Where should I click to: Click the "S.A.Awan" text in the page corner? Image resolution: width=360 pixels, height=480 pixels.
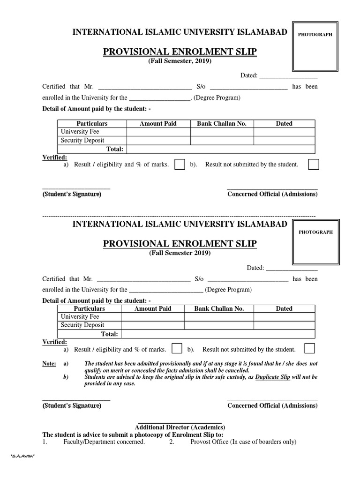tap(23, 456)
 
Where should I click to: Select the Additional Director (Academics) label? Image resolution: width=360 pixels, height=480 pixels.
tap(180, 427)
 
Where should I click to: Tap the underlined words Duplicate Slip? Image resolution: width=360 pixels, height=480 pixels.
tap(273, 376)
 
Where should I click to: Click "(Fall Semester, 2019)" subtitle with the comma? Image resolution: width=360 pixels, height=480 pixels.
tap(180, 61)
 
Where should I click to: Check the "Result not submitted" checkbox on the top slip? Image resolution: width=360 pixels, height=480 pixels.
tap(314, 165)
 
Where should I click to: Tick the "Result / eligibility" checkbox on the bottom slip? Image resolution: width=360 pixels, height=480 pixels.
tap(177, 349)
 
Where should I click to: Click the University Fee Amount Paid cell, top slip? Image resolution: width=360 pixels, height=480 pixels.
tap(158, 132)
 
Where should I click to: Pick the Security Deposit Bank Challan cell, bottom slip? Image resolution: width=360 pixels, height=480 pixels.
tap(219, 325)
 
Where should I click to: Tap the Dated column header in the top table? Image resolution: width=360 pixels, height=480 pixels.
tap(284, 123)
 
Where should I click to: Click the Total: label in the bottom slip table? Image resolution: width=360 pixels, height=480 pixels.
tap(110, 334)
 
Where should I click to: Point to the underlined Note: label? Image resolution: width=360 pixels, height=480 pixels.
tap(49, 363)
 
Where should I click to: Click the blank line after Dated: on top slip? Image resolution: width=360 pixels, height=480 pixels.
tap(288, 75)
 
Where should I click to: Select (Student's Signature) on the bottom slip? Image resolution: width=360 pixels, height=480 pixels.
tap(72, 405)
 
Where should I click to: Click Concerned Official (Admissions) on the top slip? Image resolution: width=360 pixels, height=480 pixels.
tap(272, 194)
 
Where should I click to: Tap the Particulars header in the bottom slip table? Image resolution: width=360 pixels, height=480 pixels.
tap(90, 308)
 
